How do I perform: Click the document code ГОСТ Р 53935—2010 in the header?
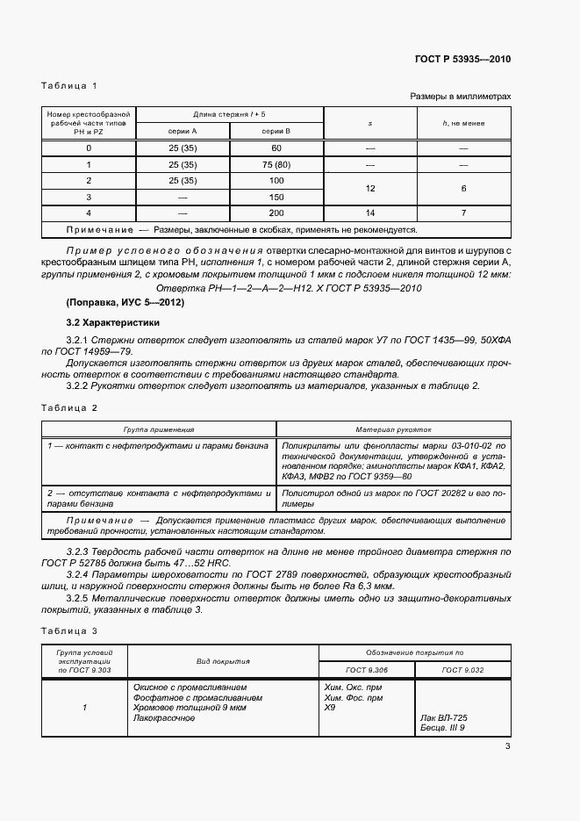click(x=462, y=59)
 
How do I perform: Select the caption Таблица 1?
click(x=69, y=85)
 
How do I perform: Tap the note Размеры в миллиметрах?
click(x=460, y=97)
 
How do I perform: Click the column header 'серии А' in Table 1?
click(x=183, y=130)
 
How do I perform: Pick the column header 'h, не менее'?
click(x=463, y=123)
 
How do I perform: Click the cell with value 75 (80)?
click(x=276, y=164)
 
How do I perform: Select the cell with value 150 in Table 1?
click(x=276, y=197)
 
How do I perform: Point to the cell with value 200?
click(x=276, y=213)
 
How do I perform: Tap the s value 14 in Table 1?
click(x=369, y=213)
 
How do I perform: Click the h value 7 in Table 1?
click(x=463, y=213)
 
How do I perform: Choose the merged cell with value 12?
click(x=369, y=189)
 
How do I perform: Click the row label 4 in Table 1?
click(x=89, y=213)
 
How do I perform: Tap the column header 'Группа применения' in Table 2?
click(x=159, y=430)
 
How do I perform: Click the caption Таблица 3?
click(x=69, y=631)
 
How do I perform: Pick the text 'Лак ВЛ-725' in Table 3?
click(x=445, y=717)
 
